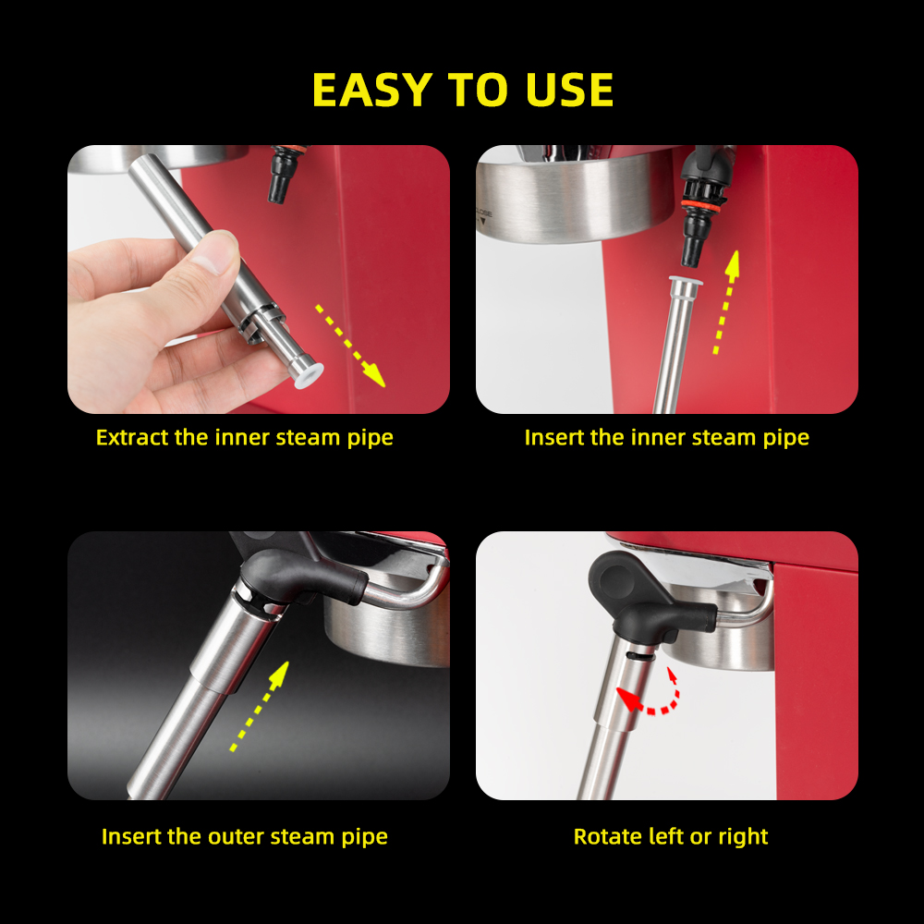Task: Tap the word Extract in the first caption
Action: pyautogui.click(x=132, y=437)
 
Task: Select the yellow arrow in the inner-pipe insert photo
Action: pyautogui.click(x=724, y=302)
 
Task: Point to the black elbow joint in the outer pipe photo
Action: pyautogui.click(x=296, y=568)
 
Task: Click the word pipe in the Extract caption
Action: pyautogui.click(x=369, y=437)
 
